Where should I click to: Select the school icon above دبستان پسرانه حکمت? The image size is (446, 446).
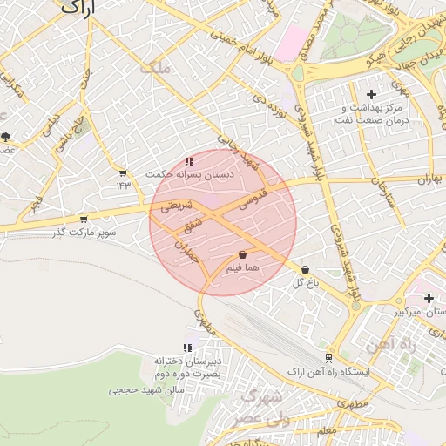tap(190, 161)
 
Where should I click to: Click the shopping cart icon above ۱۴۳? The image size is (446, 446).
tap(123, 172)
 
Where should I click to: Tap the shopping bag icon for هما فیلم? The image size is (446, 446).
tap(241, 255)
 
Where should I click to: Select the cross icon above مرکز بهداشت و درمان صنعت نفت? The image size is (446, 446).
tap(372, 93)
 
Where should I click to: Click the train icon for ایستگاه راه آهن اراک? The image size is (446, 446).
tap(328, 357)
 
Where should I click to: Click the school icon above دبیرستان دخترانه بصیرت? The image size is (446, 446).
tap(188, 348)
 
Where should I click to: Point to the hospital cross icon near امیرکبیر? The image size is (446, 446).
tap(428, 298)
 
